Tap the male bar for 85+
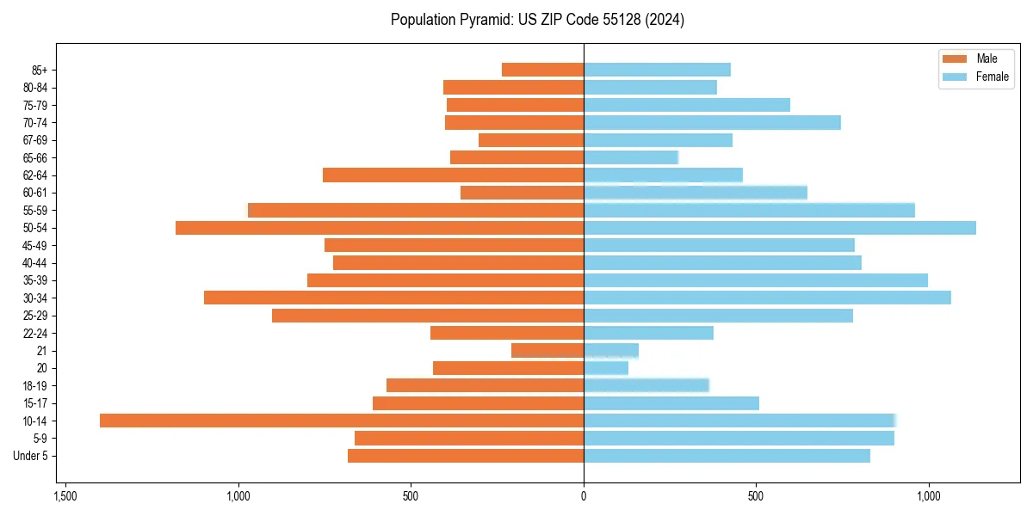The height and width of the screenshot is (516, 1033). [x=542, y=70]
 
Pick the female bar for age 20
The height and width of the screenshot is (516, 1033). [x=606, y=368]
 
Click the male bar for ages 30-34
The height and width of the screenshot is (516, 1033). [x=393, y=298]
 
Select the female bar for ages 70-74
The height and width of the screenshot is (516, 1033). [x=712, y=122]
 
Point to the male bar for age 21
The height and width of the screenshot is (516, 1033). [x=547, y=351]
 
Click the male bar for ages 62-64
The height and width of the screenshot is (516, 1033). [x=453, y=175]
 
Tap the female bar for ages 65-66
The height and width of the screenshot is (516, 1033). [x=631, y=157]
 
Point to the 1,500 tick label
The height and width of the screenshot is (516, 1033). [x=65, y=497]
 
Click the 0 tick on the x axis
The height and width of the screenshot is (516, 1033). [x=584, y=497]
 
